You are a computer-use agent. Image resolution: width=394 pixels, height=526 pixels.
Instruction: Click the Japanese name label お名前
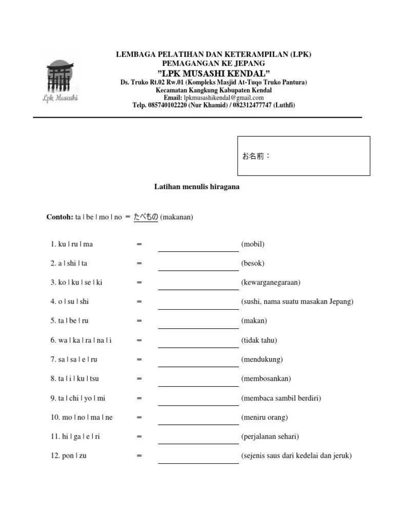point(256,156)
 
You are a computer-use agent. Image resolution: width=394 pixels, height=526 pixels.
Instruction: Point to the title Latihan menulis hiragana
point(197,187)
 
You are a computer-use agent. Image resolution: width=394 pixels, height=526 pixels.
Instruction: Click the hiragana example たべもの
point(146,217)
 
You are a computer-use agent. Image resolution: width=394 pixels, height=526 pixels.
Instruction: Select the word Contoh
point(60,217)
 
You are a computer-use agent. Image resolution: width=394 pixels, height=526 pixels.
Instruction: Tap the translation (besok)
point(253,264)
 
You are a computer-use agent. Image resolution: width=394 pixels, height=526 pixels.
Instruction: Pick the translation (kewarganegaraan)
point(271,283)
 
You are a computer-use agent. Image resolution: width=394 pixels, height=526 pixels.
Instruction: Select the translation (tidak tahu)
point(259,341)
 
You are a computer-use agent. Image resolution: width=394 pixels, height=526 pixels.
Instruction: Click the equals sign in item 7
point(139,360)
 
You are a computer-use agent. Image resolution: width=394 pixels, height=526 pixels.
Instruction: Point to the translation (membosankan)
point(266,379)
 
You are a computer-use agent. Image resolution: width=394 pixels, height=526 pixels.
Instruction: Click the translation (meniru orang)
point(264,418)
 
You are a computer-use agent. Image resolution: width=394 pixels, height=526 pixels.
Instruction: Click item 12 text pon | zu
point(72,456)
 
